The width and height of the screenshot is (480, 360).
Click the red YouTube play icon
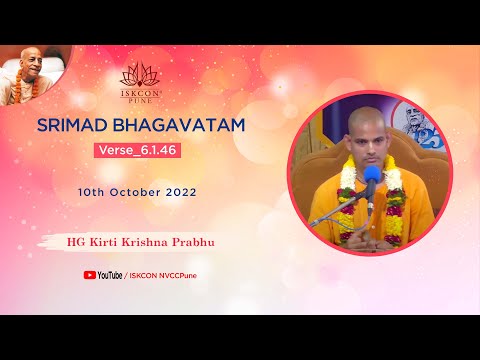[90, 274]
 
